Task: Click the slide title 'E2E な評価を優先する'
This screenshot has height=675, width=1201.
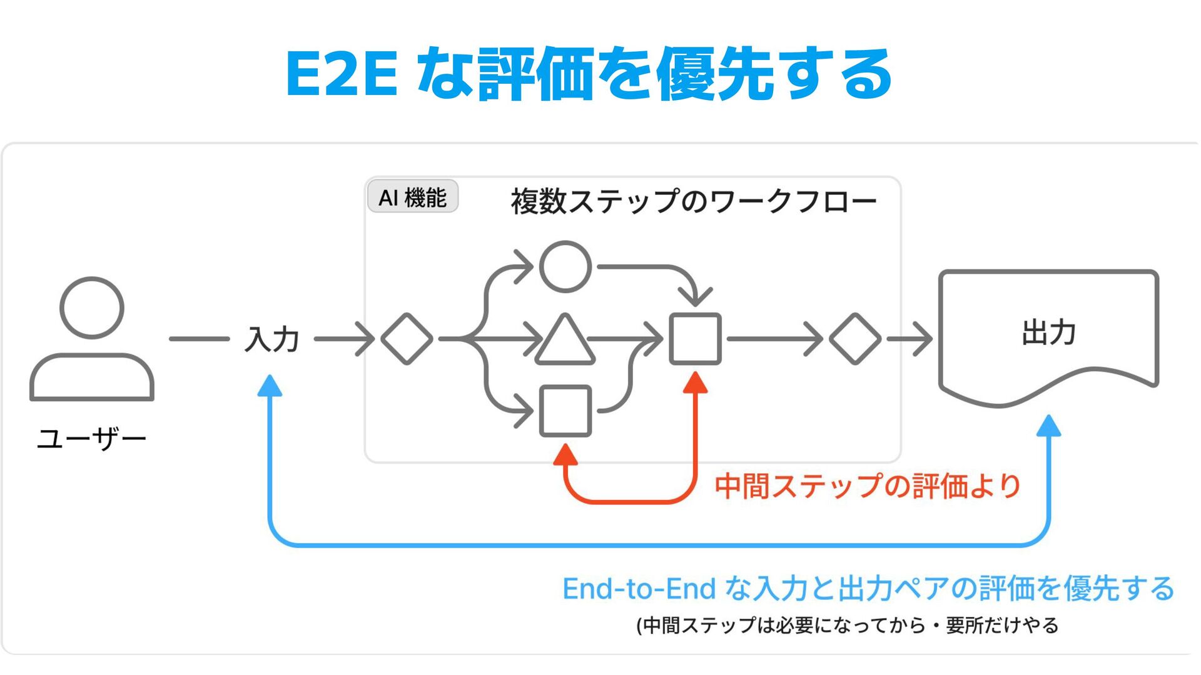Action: tap(588, 74)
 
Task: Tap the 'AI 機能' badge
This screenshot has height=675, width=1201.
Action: tap(413, 197)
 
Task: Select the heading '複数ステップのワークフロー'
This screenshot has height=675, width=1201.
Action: tap(693, 201)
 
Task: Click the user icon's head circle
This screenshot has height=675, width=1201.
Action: tap(92, 307)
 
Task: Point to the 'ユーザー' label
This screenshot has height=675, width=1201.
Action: tap(91, 439)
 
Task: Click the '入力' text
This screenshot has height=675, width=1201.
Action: tap(271, 339)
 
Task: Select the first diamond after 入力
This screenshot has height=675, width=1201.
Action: tap(407, 339)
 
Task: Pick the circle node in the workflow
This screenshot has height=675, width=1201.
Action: tap(565, 267)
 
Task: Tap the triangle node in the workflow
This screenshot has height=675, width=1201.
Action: tap(565, 341)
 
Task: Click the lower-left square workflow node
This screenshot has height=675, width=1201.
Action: tap(565, 411)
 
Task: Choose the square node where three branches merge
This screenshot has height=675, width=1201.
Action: tap(695, 339)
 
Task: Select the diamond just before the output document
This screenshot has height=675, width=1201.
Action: tap(854, 339)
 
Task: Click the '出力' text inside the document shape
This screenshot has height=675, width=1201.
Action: tap(1048, 332)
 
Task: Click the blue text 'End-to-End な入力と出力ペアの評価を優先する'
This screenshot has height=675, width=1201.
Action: tap(868, 589)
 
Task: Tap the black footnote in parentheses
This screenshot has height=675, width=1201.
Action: tap(847, 625)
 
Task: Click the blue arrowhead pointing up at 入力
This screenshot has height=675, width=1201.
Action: tap(270, 386)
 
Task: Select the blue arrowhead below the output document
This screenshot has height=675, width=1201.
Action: tap(1048, 426)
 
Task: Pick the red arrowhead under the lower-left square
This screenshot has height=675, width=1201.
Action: tap(565, 454)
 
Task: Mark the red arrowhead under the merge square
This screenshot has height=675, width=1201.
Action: tap(695, 382)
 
